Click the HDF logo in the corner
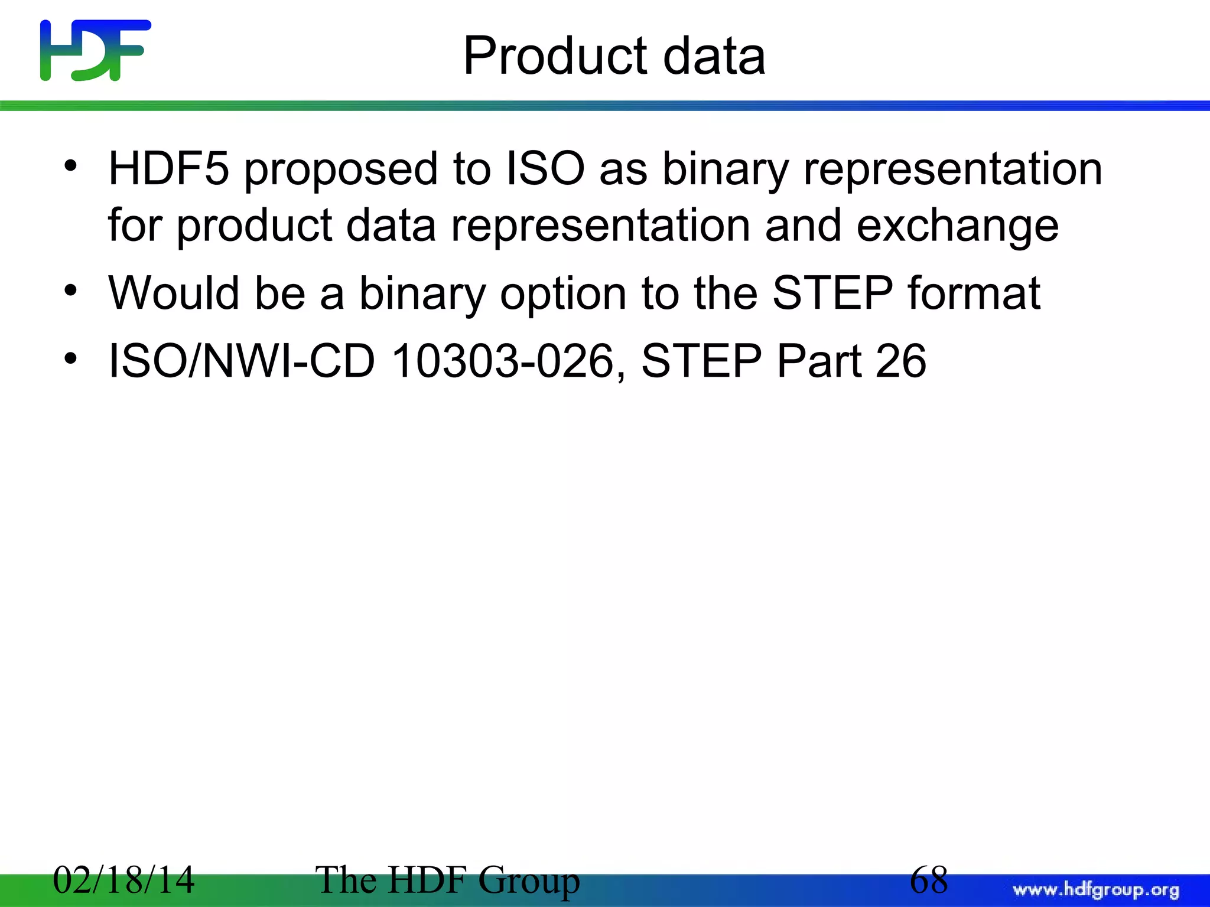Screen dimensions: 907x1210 (x=95, y=50)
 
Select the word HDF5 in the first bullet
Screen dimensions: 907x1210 (x=168, y=169)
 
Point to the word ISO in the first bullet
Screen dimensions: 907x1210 (x=545, y=169)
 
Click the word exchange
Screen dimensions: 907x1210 (x=957, y=226)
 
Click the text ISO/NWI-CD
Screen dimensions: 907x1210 (x=242, y=361)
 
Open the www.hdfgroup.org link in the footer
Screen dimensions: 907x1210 (x=1096, y=890)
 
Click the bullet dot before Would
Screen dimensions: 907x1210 (x=71, y=291)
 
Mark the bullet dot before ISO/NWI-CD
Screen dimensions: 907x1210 (x=71, y=358)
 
